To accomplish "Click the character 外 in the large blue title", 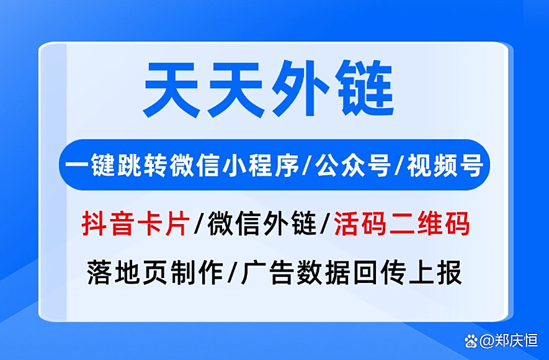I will point(301,92).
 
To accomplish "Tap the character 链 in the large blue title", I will point(364,92).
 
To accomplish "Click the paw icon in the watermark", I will point(472,340).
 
